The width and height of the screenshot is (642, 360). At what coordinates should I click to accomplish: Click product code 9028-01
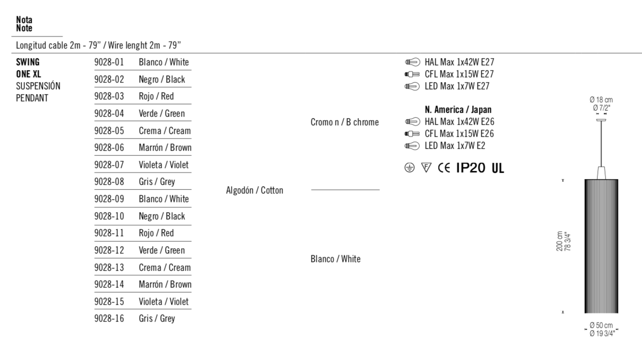pos(109,62)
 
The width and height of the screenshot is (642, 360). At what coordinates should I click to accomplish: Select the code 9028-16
pos(109,319)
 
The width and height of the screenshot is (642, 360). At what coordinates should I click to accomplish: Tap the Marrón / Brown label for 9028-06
pos(165,148)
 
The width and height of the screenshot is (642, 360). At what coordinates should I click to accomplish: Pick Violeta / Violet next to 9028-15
pos(164,302)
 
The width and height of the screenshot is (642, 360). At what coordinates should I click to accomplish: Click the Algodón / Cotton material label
pos(254,191)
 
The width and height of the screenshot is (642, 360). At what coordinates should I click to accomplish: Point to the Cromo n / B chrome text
pos(345,122)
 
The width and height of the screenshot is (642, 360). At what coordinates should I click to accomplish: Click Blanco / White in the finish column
pos(335,259)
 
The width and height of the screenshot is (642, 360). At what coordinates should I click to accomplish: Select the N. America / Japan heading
pos(458,110)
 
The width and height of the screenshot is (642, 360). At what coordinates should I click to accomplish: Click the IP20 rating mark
pos(471,168)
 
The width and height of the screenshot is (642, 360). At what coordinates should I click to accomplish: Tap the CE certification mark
pos(444,168)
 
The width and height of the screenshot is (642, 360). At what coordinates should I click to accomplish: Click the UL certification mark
pos(498,168)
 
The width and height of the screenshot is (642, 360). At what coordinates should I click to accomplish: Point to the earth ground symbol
pos(409,168)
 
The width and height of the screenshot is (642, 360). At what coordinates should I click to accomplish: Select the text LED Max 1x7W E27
pos(457,86)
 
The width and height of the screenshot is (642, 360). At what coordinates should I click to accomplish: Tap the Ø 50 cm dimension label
pos(601,326)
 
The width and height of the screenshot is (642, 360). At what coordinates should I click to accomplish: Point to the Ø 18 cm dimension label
pos(601,100)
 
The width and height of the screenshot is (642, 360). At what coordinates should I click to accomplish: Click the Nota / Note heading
pos(24,24)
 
